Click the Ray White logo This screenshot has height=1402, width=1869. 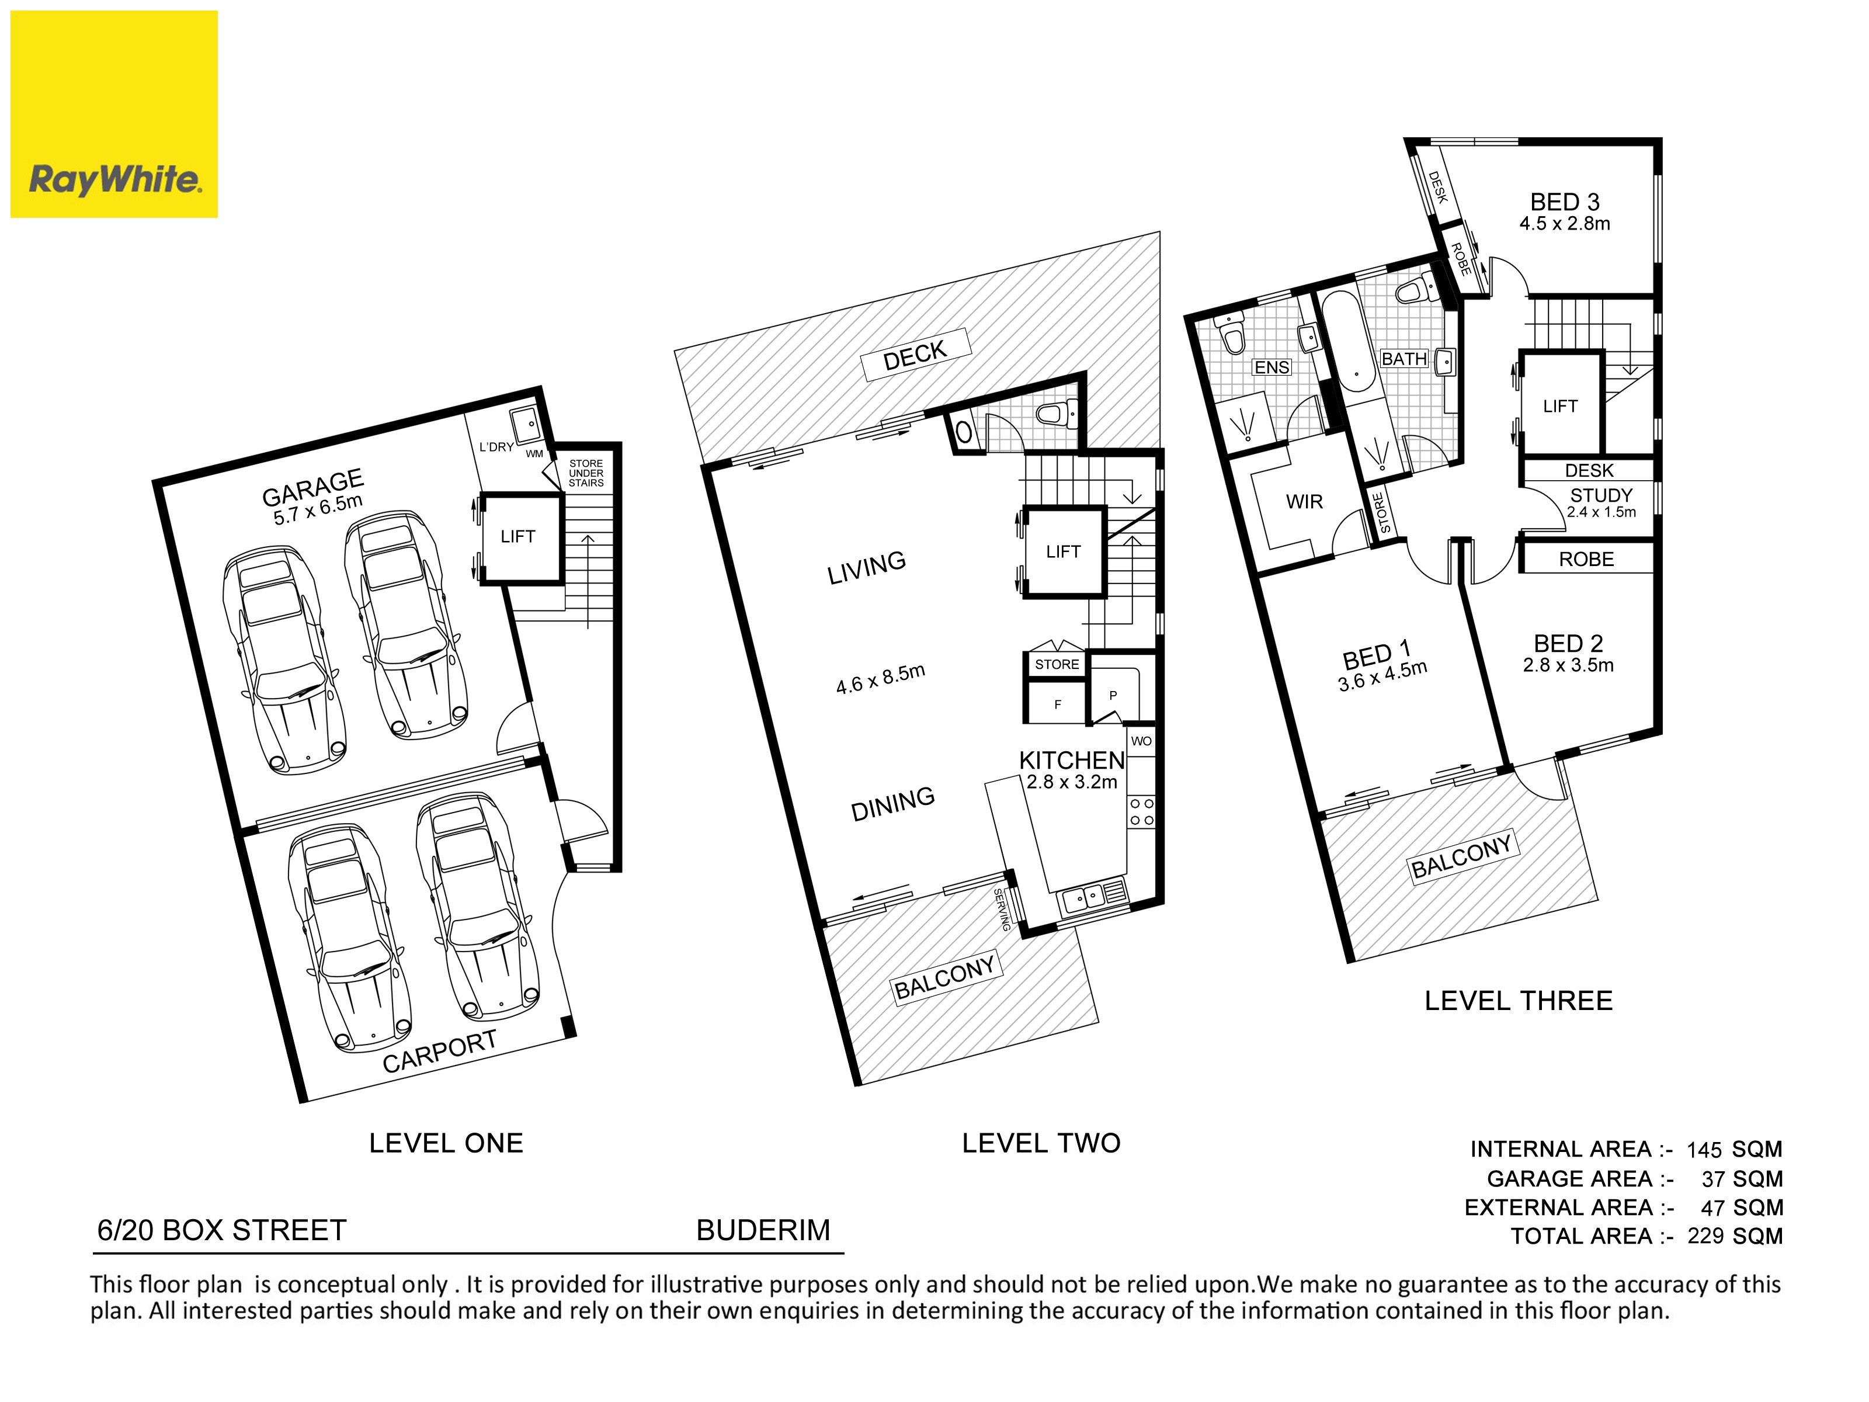[x=114, y=114]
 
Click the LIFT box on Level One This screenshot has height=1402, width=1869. [x=520, y=537]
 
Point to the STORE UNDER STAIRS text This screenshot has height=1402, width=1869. [x=586, y=473]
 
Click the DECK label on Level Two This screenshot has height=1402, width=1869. [x=915, y=356]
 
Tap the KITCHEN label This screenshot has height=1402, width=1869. [x=1071, y=760]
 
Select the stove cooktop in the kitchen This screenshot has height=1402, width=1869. [x=1141, y=811]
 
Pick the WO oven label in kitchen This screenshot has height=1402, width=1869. [x=1141, y=741]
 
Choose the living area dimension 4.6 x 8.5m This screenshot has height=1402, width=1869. [x=880, y=679]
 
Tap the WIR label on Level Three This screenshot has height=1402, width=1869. [x=1304, y=502]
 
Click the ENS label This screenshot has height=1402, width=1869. [x=1272, y=367]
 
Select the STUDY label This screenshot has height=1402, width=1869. [x=1601, y=495]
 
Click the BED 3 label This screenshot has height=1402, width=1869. [x=1565, y=202]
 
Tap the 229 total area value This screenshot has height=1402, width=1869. [x=1705, y=1236]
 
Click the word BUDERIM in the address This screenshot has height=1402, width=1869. [x=763, y=1230]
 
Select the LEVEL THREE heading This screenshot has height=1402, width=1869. [x=1519, y=1001]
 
